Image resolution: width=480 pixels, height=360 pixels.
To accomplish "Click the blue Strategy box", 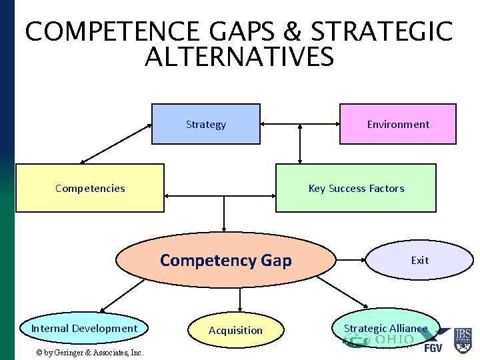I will click(x=205, y=124).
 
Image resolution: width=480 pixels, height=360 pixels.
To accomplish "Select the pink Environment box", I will click(x=398, y=124).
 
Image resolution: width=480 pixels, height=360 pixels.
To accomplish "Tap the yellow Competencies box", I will click(x=89, y=188).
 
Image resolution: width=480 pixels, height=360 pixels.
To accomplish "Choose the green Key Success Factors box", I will click(x=355, y=188).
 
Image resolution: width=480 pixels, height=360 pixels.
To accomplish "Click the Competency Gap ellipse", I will click(x=226, y=260).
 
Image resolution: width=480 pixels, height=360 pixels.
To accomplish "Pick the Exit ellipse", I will click(x=419, y=260).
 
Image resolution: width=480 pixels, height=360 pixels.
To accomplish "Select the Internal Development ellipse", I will click(x=84, y=328).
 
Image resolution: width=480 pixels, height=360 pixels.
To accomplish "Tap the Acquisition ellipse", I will click(x=235, y=330).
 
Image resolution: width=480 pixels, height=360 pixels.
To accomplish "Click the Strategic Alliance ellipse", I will click(x=385, y=328).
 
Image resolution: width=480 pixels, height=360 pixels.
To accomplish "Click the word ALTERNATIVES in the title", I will click(x=239, y=58).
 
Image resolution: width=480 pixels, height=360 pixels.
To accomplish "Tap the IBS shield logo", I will click(x=462, y=340).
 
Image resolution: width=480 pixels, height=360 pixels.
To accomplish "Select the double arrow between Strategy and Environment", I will click(x=300, y=124).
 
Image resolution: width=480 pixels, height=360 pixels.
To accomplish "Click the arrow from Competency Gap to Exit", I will click(x=351, y=260).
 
